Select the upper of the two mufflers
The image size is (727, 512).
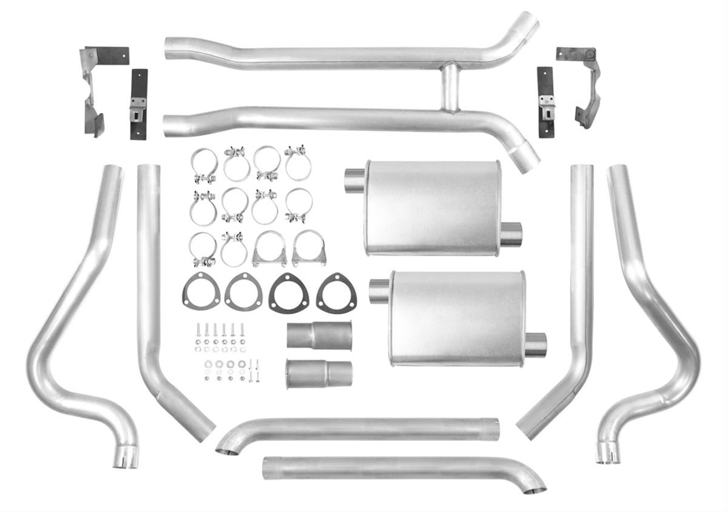[x=432, y=207]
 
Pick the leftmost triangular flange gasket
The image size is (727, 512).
[x=201, y=292]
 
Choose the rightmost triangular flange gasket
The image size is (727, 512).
[x=336, y=293]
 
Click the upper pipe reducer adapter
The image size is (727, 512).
[x=319, y=335]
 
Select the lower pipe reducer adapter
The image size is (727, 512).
[x=319, y=373]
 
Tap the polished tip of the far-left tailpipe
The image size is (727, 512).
[x=126, y=458]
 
